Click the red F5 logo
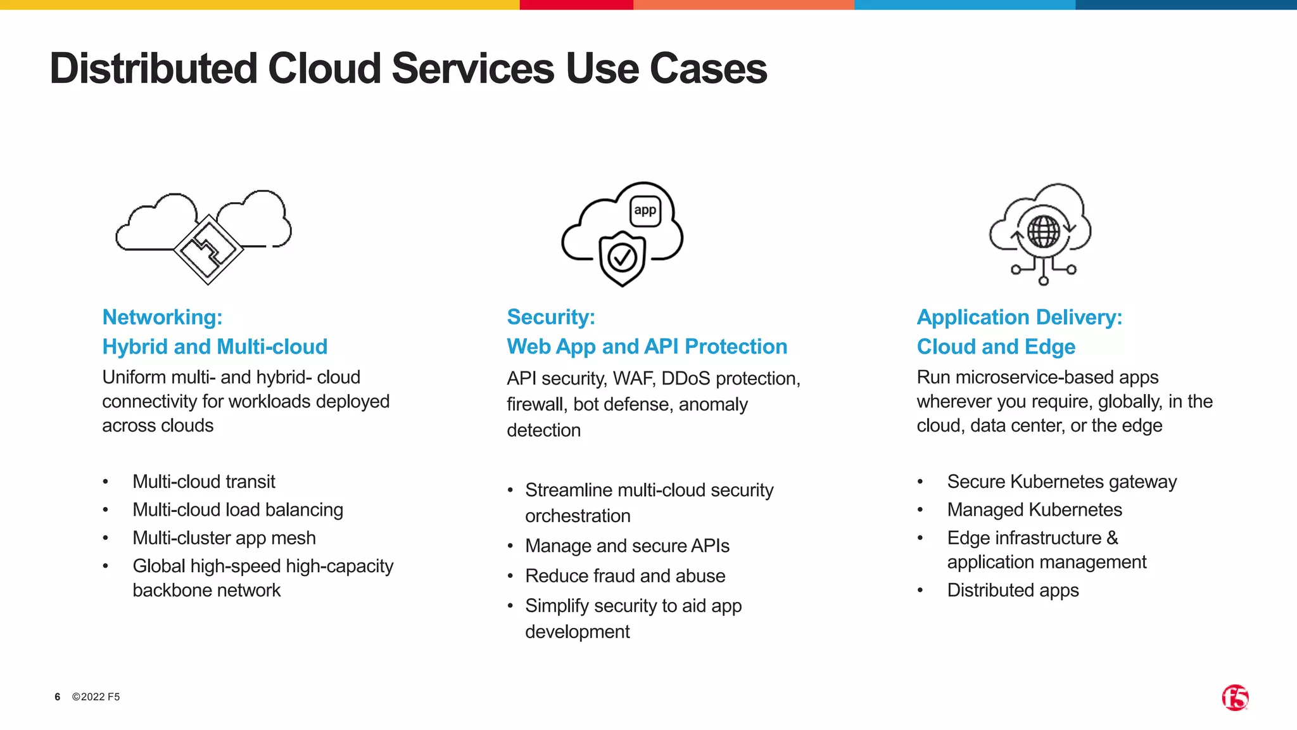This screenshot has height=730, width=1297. [x=1235, y=698]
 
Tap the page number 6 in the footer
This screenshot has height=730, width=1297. [x=58, y=697]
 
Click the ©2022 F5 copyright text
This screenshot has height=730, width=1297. [x=96, y=697]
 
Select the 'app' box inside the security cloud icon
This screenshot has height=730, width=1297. [x=645, y=211]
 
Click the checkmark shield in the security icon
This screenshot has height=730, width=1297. [x=622, y=257]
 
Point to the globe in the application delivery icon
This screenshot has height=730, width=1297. [x=1043, y=231]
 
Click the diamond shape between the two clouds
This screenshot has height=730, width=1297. [x=208, y=250]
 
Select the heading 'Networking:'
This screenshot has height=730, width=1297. [x=162, y=317]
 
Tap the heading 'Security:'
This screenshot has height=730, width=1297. [x=551, y=317]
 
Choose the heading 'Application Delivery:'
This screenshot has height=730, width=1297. [x=1019, y=317]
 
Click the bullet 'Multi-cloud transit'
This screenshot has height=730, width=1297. [x=203, y=482]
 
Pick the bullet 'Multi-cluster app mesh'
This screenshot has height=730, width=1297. [x=224, y=538]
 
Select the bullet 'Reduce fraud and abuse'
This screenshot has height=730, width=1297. [x=625, y=576]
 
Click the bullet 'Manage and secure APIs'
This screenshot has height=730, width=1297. [x=627, y=546]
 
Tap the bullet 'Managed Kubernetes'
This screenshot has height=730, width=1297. [x=1034, y=510]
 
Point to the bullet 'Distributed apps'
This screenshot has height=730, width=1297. [x=1013, y=591]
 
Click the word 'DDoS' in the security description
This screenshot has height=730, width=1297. [x=686, y=379]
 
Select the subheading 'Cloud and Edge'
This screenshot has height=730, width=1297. [x=996, y=347]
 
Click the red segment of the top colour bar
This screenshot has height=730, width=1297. [x=576, y=4]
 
